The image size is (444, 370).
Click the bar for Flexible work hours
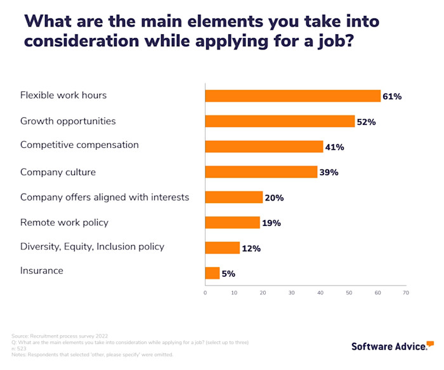[x=292, y=96]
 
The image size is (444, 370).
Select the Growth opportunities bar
[x=280, y=121]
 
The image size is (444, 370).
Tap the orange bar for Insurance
[x=212, y=273]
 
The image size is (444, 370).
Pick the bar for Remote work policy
[x=232, y=222]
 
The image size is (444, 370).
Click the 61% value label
[x=392, y=96]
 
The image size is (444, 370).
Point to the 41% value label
[x=334, y=147]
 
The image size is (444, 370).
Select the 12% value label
[x=251, y=248]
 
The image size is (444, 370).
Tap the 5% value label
[x=228, y=274]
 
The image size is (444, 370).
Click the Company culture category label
[x=58, y=171]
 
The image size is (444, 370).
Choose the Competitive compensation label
[x=79, y=145]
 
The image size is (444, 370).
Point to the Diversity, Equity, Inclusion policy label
[x=92, y=246]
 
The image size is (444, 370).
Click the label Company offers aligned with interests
[x=105, y=197]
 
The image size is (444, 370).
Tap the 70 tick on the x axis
[x=406, y=293]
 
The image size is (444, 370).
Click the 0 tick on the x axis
[x=205, y=293]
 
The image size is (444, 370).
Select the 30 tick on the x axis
[x=291, y=293]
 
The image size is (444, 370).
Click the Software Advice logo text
[x=388, y=347]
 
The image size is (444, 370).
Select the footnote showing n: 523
[x=19, y=348]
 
